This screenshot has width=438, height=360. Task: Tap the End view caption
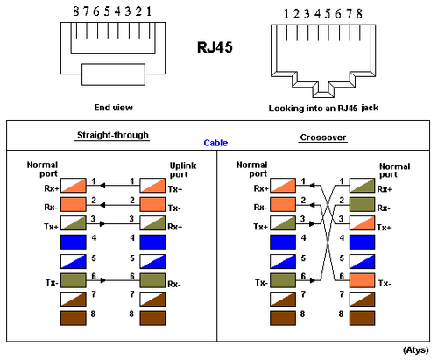(113, 108)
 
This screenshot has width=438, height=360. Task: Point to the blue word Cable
(216, 143)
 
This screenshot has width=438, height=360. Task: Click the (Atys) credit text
(415, 349)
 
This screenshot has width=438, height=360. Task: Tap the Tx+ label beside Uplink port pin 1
(175, 187)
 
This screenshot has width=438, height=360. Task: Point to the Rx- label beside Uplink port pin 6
(175, 282)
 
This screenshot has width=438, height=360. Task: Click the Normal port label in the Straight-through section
(41, 169)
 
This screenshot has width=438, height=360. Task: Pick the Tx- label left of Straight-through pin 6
(41, 282)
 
